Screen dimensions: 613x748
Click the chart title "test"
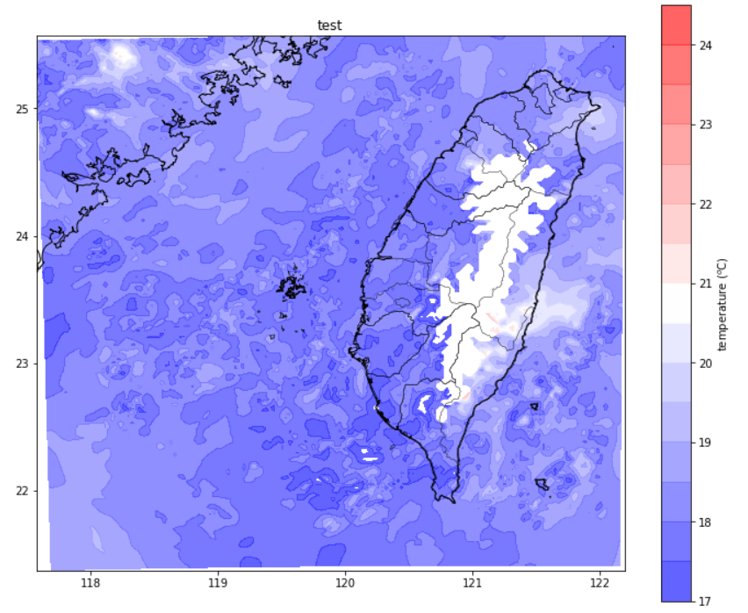click(329, 25)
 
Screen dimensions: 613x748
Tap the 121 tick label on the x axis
click(473, 583)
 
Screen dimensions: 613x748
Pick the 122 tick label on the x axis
click(601, 583)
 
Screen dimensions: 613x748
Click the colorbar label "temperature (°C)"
click(722, 304)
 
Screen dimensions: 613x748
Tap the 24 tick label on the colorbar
click(704, 45)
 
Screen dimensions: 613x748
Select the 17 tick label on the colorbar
click(704, 602)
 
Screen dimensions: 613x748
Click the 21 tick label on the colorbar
click(704, 284)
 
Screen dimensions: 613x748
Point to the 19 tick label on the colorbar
click(704, 443)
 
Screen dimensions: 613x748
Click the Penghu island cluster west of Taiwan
click(288, 286)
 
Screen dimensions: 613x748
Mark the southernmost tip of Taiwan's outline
click(453, 501)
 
